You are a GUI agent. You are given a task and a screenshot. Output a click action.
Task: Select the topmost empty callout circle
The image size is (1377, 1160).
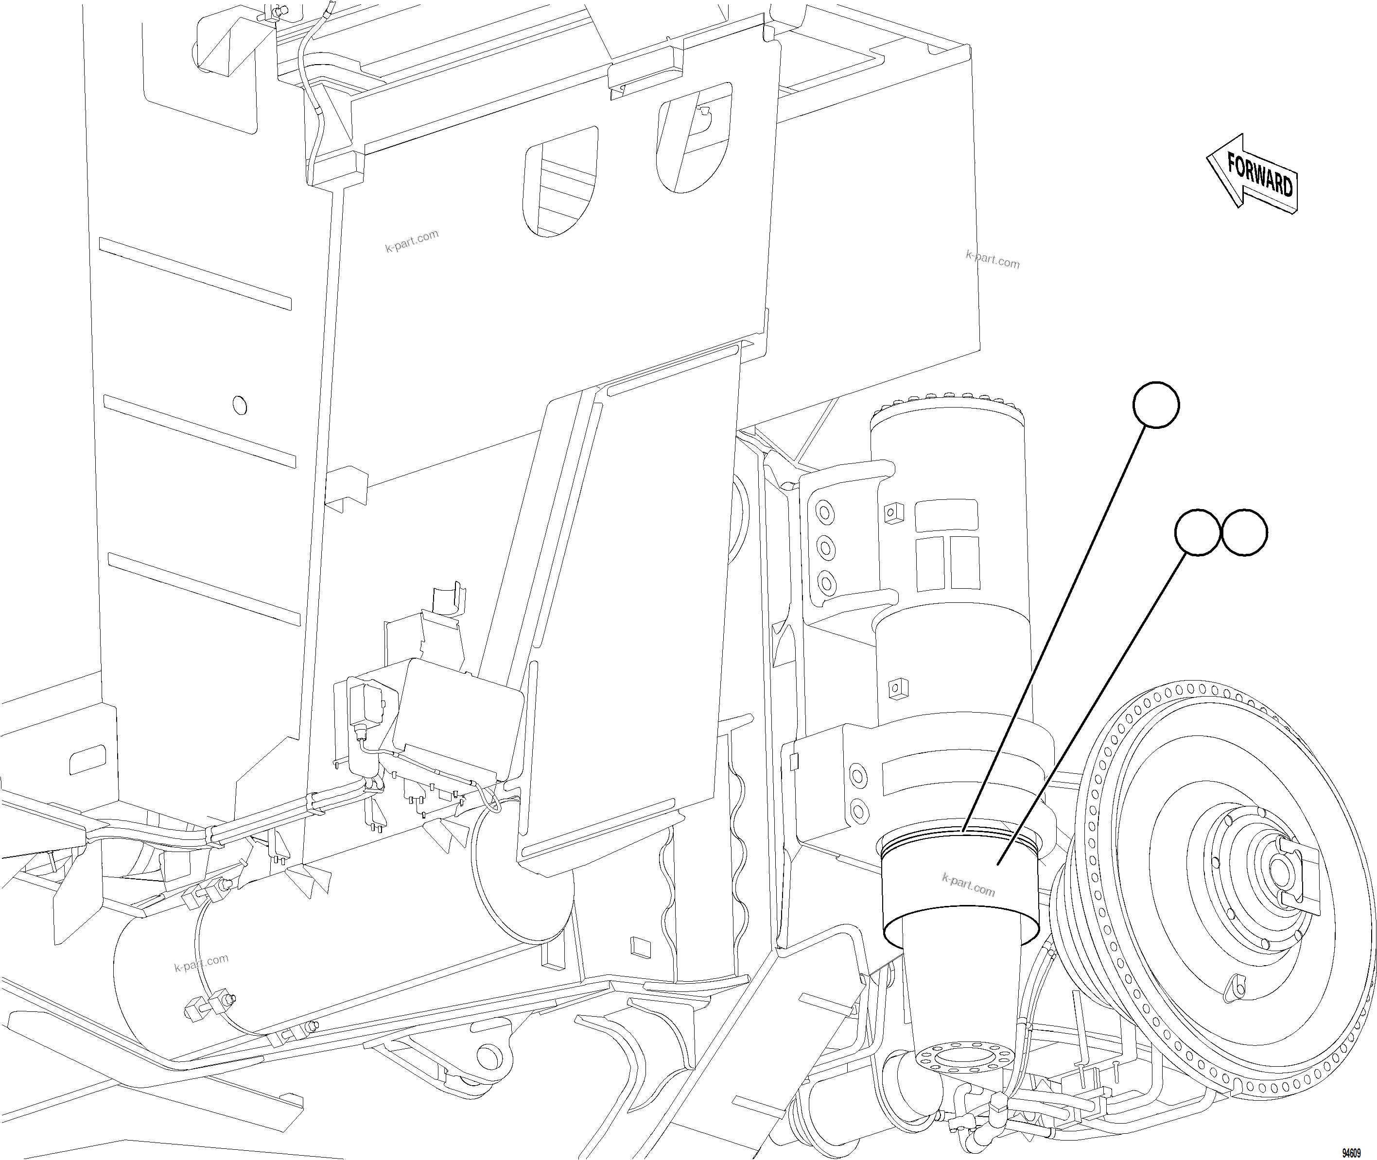click(1156, 405)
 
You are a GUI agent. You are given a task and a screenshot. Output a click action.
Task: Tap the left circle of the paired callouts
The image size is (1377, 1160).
click(1197, 533)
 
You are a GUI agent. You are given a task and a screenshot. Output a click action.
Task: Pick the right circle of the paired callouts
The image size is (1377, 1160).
click(1244, 533)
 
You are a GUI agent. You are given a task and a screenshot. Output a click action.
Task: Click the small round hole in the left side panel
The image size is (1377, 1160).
click(240, 405)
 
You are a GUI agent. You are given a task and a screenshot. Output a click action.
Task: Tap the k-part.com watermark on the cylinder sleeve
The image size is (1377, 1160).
click(968, 885)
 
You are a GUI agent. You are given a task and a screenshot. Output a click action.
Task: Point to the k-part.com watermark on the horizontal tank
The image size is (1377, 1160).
click(201, 963)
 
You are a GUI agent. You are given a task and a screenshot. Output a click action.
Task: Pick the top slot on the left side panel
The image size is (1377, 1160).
click(195, 273)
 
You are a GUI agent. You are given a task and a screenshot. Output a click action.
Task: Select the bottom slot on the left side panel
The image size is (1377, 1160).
click(204, 589)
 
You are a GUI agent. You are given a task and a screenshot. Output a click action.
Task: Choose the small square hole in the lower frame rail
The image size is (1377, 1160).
click(638, 946)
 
